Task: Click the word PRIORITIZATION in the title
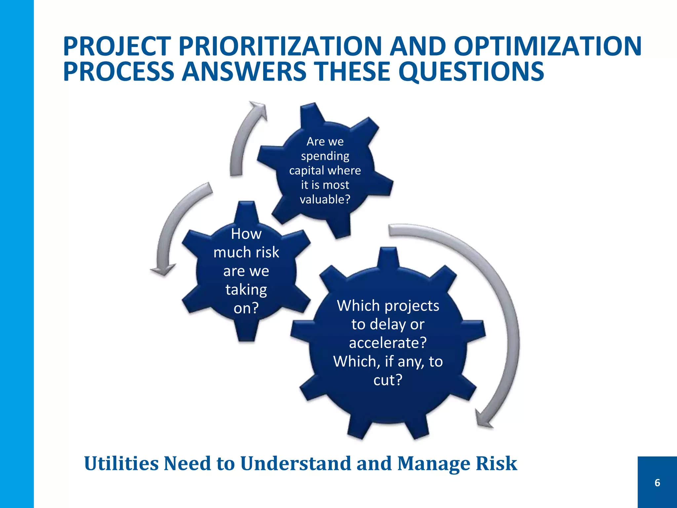(280, 46)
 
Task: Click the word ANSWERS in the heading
(244, 72)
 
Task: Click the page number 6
(657, 483)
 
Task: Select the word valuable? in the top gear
(325, 199)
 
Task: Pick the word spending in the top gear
(325, 156)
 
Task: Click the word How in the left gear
(246, 234)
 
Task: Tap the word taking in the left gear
(246, 290)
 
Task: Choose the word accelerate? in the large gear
(388, 343)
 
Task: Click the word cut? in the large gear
(388, 380)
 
